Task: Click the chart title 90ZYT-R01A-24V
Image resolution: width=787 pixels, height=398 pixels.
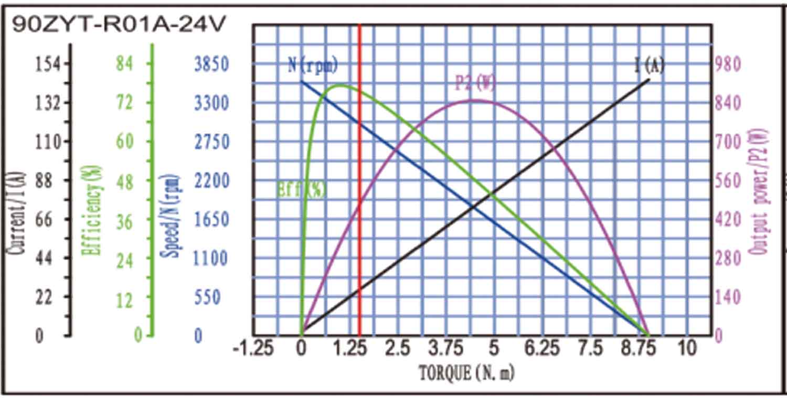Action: pos(120,25)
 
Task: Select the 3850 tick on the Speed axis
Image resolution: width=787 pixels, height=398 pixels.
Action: pos(211,64)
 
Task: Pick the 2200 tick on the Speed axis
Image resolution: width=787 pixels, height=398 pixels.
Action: pos(211,181)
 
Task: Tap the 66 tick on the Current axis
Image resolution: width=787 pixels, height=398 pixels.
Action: pos(44,219)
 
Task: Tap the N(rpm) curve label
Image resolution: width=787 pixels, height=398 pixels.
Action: pos(313,66)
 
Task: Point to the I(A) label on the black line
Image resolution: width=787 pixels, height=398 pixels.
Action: pos(649,66)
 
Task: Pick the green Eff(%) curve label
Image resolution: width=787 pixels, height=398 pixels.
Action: pos(301,189)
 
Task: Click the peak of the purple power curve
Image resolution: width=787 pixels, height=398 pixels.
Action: pos(474,100)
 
